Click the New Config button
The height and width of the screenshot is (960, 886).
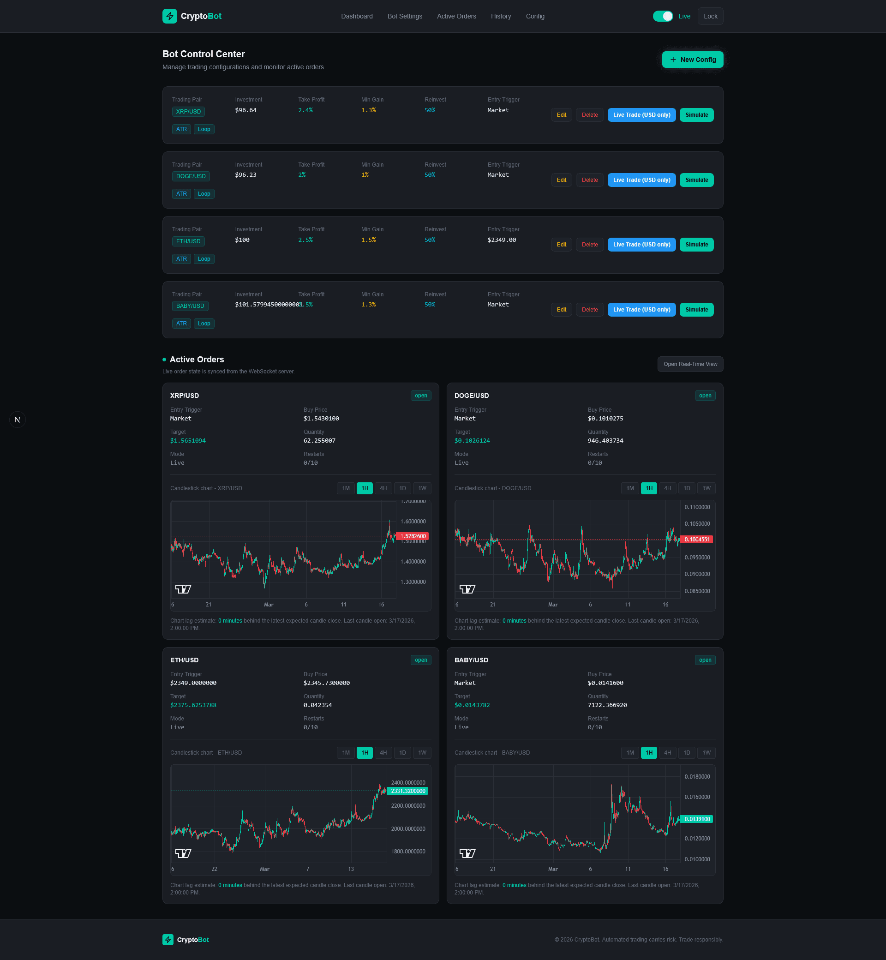tap(692, 60)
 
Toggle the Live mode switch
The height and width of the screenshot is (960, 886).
tap(663, 16)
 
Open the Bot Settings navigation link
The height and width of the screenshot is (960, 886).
tap(405, 16)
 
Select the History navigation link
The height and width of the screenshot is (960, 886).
tap(501, 16)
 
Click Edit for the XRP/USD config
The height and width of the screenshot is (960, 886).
tap(561, 115)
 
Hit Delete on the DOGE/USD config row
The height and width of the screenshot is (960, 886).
tap(589, 180)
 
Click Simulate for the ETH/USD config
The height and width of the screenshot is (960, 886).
tap(696, 245)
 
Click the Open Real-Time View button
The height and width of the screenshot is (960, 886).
tap(690, 364)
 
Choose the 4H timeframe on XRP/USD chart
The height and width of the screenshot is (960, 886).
tap(383, 488)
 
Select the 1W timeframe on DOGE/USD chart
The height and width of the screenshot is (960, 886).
tap(706, 488)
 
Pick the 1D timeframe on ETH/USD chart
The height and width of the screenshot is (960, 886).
tap(402, 752)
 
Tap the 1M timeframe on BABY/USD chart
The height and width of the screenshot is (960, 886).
tap(630, 752)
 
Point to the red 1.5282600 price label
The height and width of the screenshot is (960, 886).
tap(413, 536)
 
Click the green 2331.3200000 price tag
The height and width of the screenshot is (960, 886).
tap(407, 791)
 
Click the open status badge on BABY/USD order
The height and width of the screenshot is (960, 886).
tap(705, 660)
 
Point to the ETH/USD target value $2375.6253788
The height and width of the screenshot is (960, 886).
tap(193, 705)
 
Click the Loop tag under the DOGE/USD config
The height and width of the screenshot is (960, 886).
tap(204, 194)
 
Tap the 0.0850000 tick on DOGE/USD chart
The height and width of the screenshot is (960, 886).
tap(697, 591)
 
